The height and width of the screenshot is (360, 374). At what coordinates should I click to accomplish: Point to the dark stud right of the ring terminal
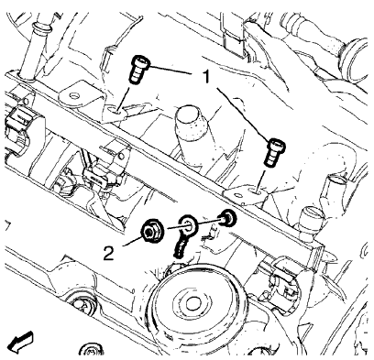(x=225, y=219)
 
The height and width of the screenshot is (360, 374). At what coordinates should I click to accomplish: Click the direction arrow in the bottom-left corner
(x=19, y=343)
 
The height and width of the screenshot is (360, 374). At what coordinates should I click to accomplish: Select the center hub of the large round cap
(x=195, y=305)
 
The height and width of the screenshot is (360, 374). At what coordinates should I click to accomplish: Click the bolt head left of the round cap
(x=85, y=306)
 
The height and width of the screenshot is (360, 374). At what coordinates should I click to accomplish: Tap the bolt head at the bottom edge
(x=89, y=350)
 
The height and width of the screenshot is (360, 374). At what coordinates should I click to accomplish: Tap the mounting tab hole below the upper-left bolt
(x=115, y=108)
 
